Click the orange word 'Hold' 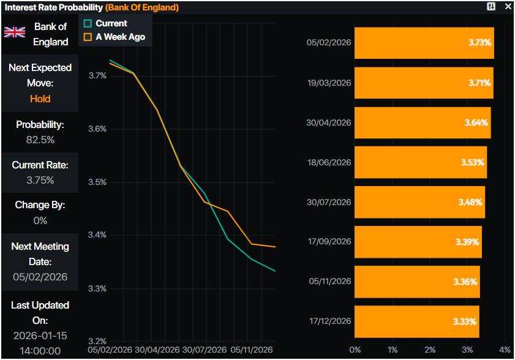40,99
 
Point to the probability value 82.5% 40,140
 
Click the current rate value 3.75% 40,180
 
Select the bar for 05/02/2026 424,43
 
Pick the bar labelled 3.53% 420,162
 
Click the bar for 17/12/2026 416,321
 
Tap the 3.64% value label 476,122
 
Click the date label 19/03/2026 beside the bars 329,83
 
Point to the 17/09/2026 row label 329,242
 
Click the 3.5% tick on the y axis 97,182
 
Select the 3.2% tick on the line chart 97,341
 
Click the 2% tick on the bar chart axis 430,350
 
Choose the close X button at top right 508,7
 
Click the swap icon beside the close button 491,7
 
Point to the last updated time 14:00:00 40,351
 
